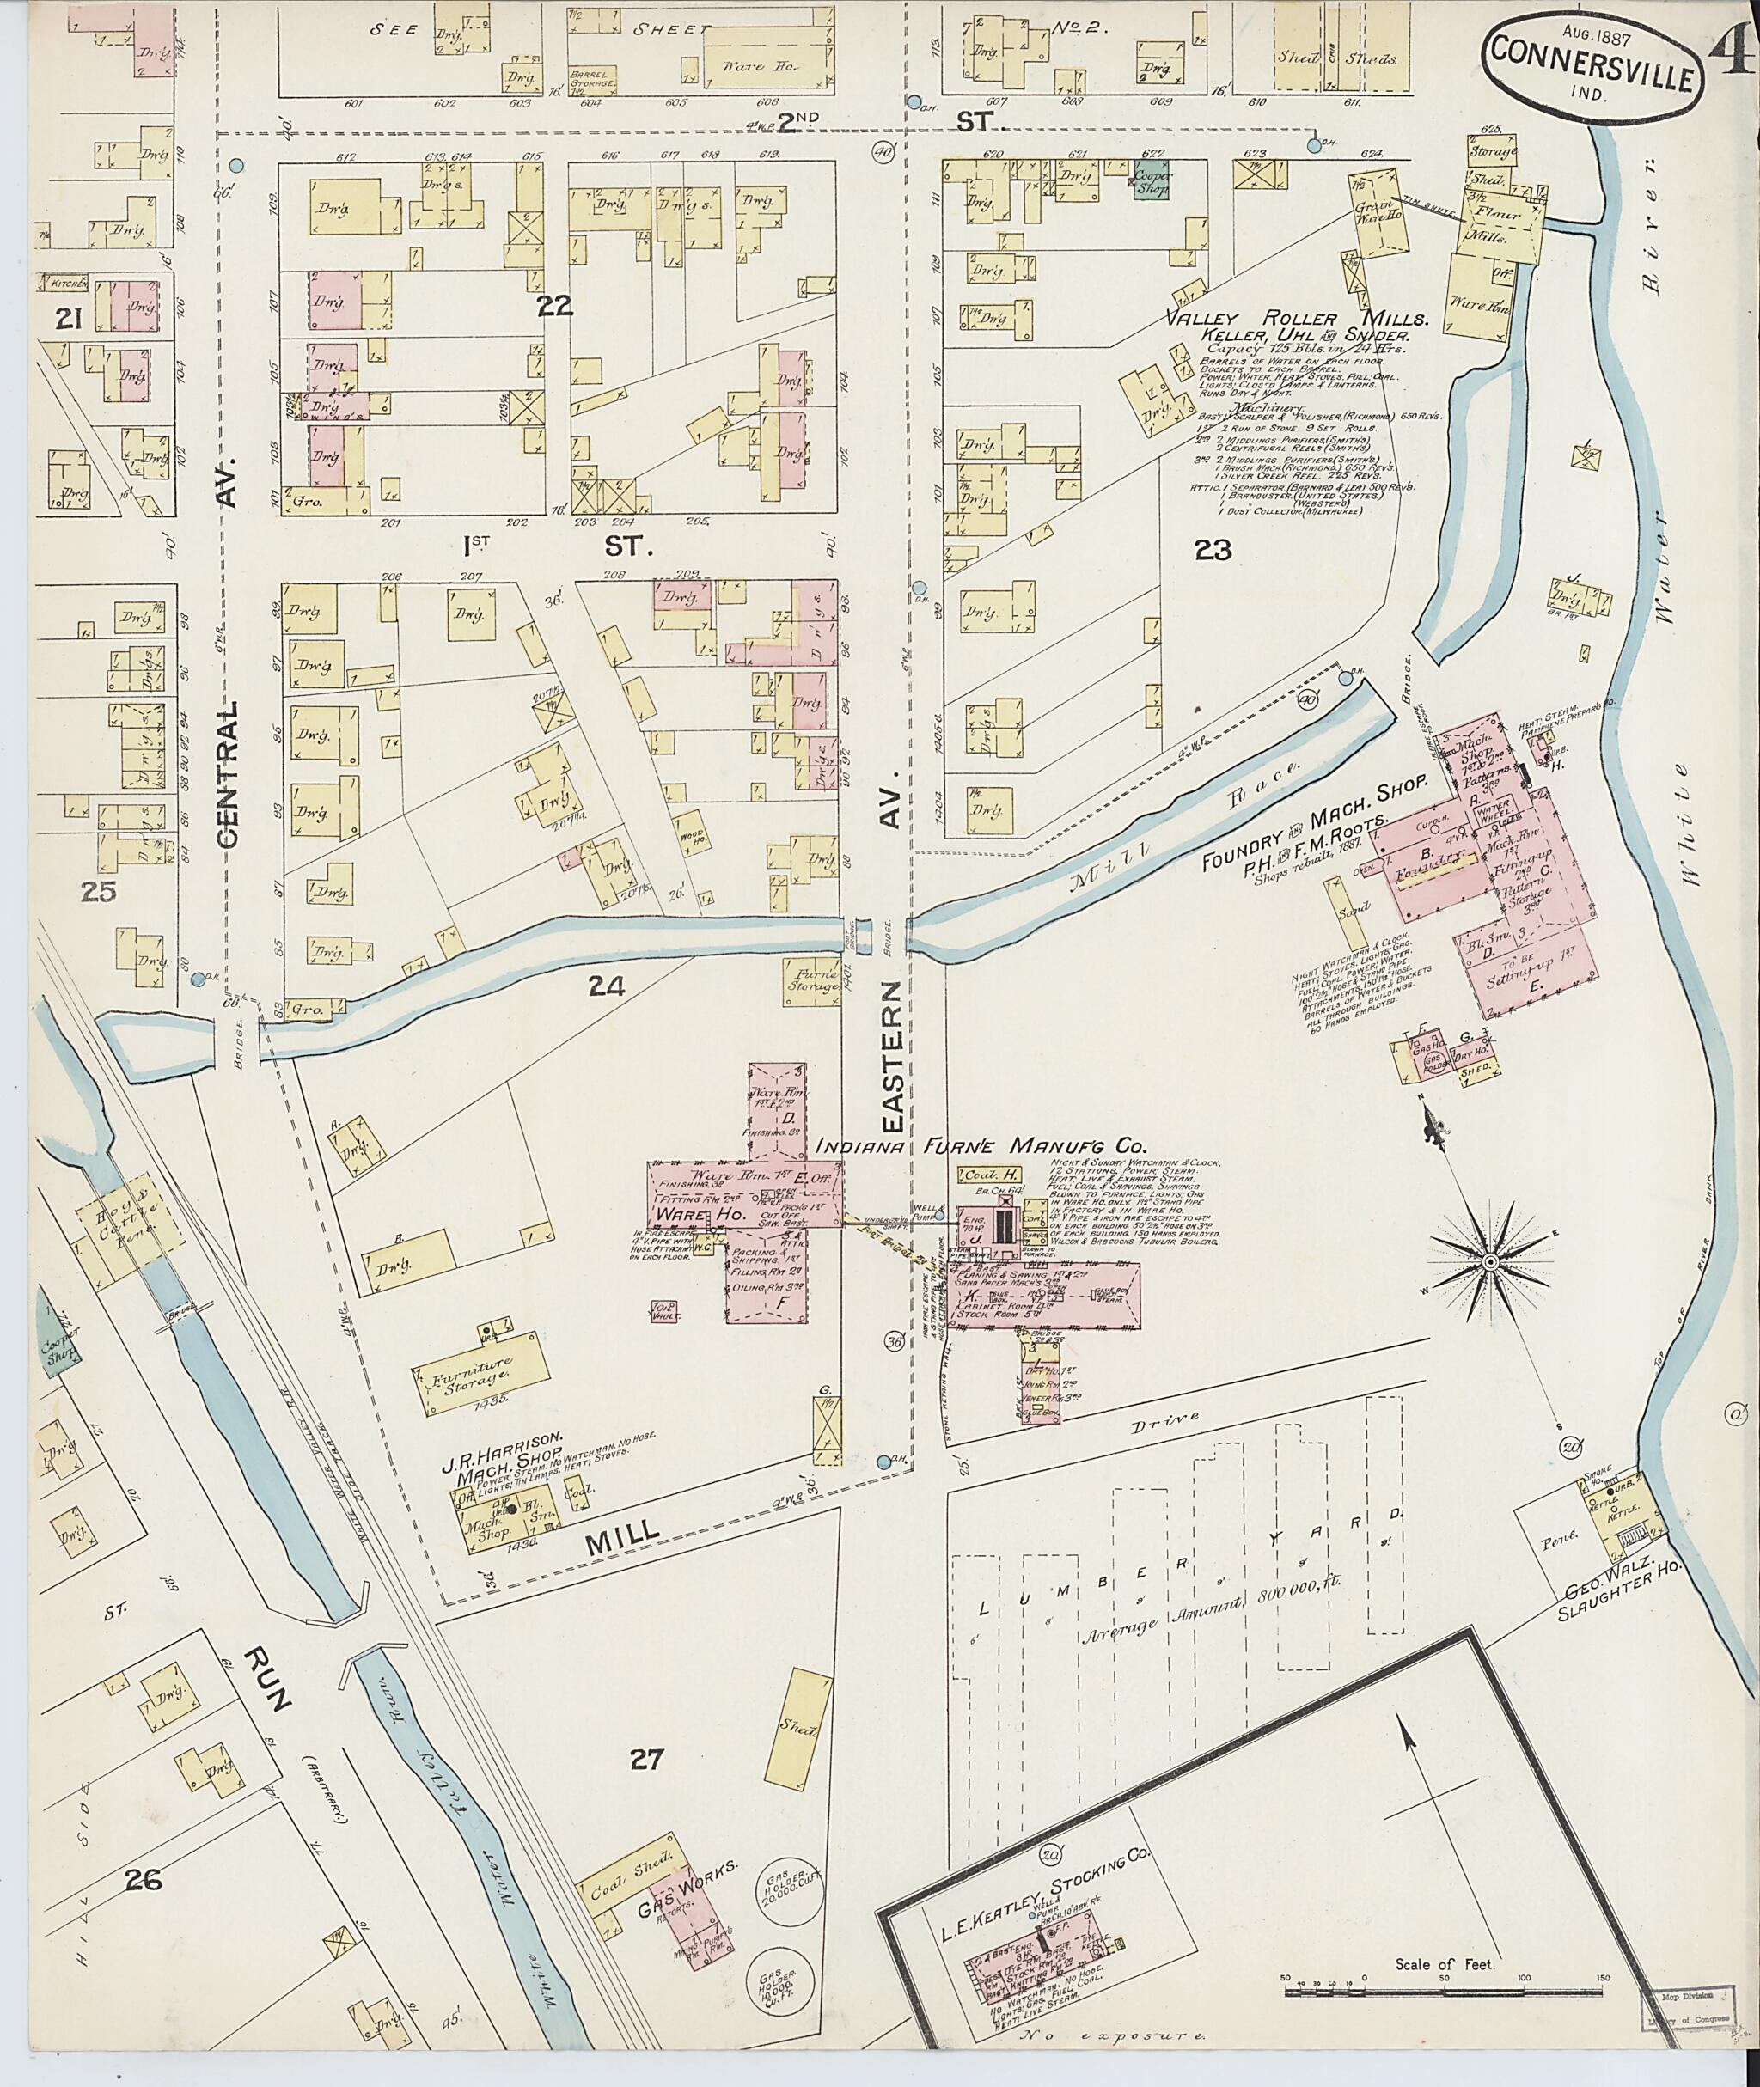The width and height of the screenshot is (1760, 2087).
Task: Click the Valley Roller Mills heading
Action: [x=1297, y=320]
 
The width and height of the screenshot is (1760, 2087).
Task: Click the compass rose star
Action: [x=1489, y=1263]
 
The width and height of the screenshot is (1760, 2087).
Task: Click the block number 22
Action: [x=555, y=306]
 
